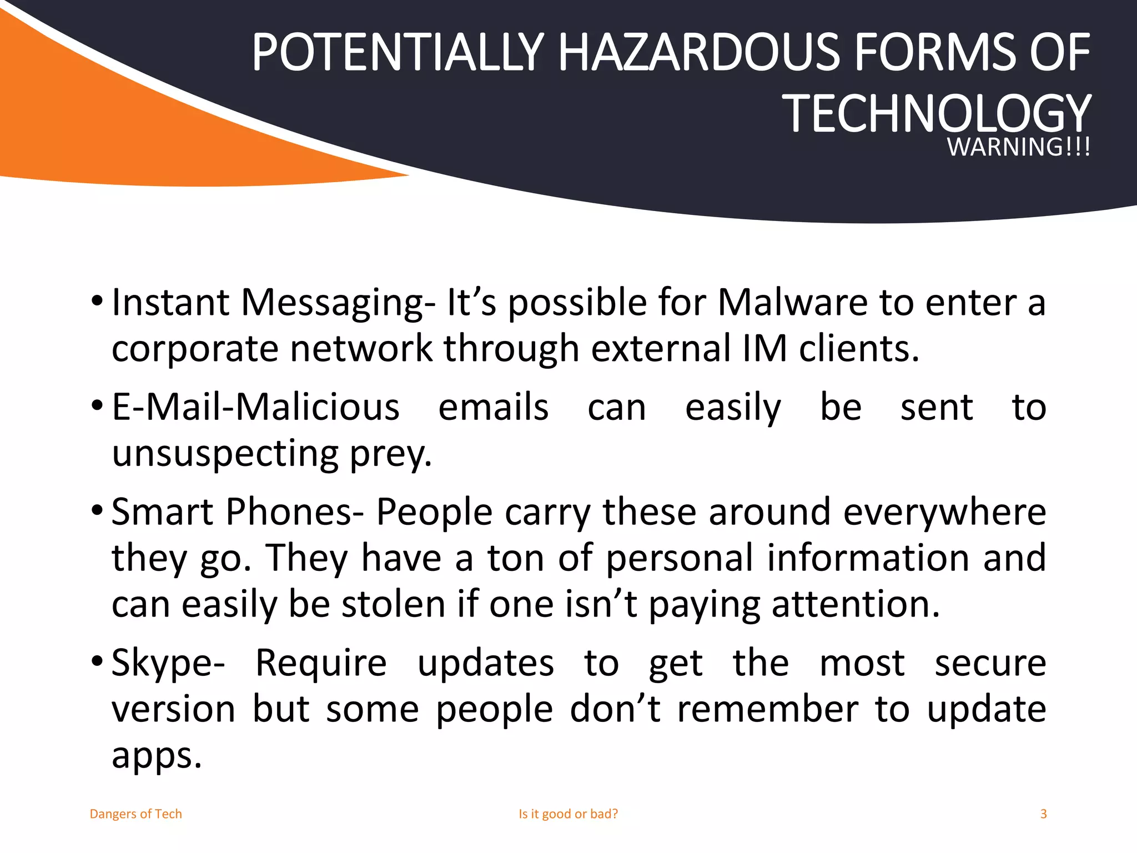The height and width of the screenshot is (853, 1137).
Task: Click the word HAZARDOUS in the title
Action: (x=702, y=53)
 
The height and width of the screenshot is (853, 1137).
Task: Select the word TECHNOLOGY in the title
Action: (x=937, y=114)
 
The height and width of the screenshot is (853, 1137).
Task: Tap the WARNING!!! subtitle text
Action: (x=1019, y=147)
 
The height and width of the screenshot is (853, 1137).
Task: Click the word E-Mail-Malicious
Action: (x=255, y=407)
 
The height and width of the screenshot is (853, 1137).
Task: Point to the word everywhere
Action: (x=944, y=511)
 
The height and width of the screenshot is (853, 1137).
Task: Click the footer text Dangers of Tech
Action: (x=136, y=814)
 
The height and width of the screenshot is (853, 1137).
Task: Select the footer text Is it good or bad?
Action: (x=568, y=814)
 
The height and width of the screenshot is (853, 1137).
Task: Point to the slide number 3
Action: (x=1043, y=814)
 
